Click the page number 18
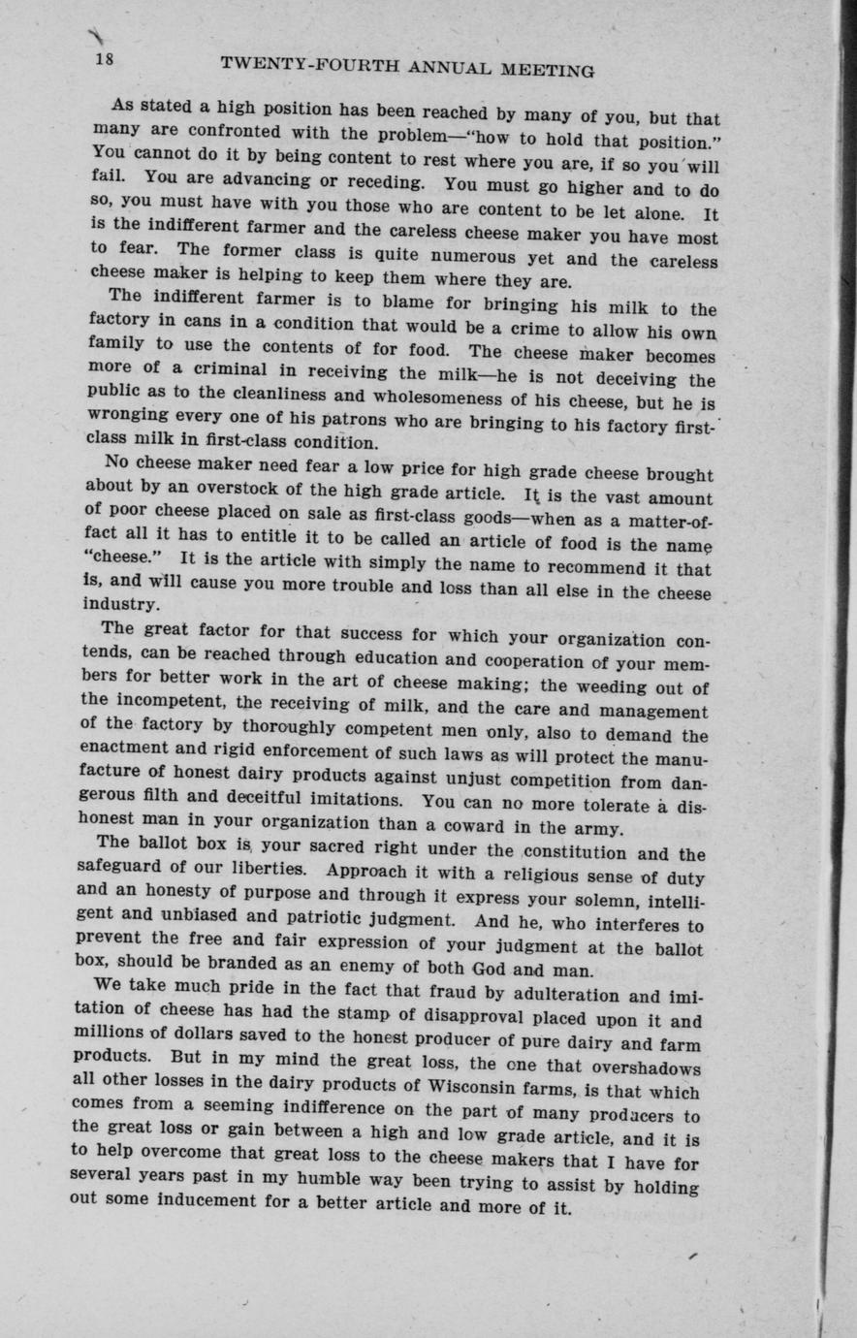(105, 60)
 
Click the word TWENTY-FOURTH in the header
(295, 65)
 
